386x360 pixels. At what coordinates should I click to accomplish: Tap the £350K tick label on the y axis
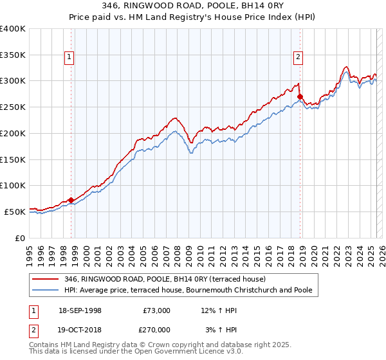click(13, 55)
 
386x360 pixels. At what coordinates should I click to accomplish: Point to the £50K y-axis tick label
click(15, 212)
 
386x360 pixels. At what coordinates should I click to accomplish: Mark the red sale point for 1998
click(71, 200)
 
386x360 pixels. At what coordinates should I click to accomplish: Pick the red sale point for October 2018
click(300, 96)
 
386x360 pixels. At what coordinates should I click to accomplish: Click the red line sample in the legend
click(46, 279)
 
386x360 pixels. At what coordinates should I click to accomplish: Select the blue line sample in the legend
click(46, 290)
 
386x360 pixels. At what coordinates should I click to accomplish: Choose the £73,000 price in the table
click(157, 310)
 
